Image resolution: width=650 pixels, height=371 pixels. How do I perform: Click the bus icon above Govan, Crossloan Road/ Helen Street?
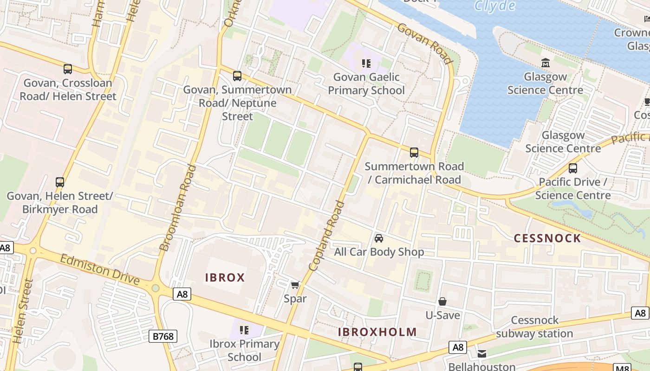pyautogui.click(x=68, y=69)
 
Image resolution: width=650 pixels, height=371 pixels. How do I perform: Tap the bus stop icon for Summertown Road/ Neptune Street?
pyautogui.click(x=237, y=76)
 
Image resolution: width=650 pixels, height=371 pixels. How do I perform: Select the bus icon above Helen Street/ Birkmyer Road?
pyautogui.click(x=60, y=182)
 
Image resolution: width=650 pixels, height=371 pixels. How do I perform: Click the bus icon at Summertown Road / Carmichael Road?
pyautogui.click(x=414, y=152)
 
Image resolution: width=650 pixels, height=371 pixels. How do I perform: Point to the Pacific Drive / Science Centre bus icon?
pyautogui.click(x=573, y=168)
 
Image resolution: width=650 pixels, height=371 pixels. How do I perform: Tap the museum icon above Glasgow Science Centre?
pyautogui.click(x=546, y=63)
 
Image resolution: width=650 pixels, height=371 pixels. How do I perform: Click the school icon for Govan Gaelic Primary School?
pyautogui.click(x=366, y=63)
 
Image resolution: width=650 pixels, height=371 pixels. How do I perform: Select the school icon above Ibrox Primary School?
pyautogui.click(x=244, y=330)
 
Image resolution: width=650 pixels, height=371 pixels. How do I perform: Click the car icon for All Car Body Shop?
pyautogui.click(x=379, y=238)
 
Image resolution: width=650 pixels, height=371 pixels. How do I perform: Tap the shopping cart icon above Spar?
pyautogui.click(x=295, y=285)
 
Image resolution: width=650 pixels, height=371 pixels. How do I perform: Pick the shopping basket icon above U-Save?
pyautogui.click(x=442, y=301)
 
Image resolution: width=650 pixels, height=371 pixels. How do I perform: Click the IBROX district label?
pyautogui.click(x=225, y=278)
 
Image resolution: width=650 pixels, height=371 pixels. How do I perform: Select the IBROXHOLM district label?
pyautogui.click(x=377, y=332)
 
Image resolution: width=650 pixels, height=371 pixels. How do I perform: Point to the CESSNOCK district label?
pyautogui.click(x=547, y=238)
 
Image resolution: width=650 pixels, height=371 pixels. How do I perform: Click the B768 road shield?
pyautogui.click(x=163, y=336)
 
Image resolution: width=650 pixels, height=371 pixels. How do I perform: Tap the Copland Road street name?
pyautogui.click(x=327, y=235)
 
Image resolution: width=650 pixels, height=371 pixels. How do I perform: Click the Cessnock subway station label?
pyautogui.click(x=534, y=326)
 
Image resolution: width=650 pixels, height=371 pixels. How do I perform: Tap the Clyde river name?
pyautogui.click(x=495, y=6)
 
